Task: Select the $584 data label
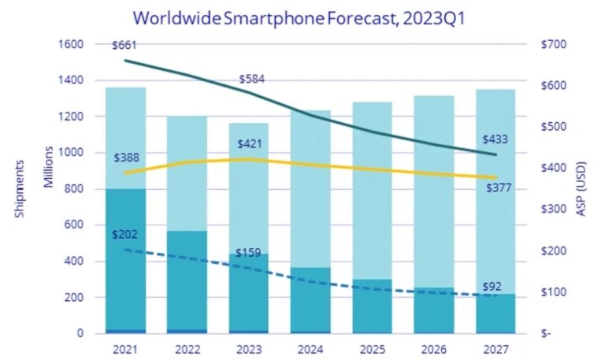click(x=254, y=79)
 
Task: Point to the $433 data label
click(x=494, y=139)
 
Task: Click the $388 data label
click(x=128, y=158)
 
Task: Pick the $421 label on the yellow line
click(x=252, y=144)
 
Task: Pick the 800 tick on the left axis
click(x=77, y=189)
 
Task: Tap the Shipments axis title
click(x=20, y=190)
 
